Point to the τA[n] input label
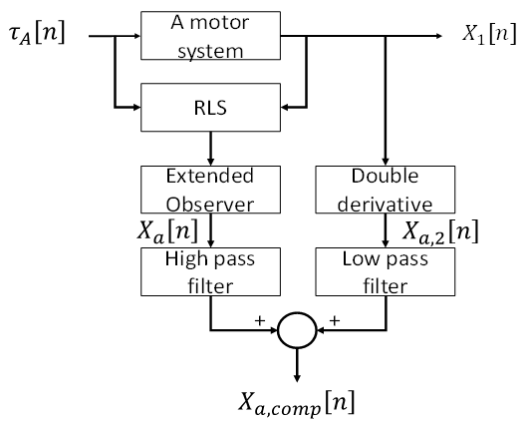(37, 33)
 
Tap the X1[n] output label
(489, 34)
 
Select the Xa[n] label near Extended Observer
(167, 231)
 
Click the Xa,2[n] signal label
(440, 231)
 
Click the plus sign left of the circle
(260, 320)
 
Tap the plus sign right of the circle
(335, 320)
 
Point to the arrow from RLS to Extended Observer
(210, 149)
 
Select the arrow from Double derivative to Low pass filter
(386, 230)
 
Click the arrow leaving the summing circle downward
(297, 365)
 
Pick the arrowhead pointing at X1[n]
(438, 36)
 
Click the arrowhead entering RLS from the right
(285, 108)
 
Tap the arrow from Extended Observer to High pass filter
(210, 230)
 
